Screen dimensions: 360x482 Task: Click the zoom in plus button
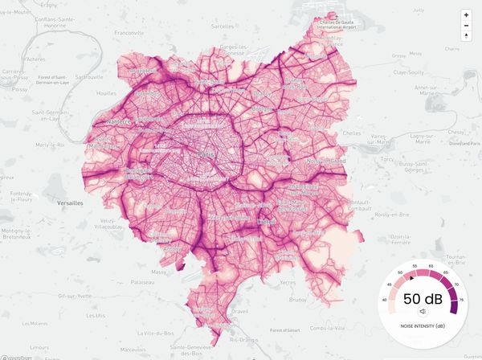point(466,15)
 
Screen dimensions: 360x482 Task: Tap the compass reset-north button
point(466,36)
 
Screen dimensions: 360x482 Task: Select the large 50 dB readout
point(422,299)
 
